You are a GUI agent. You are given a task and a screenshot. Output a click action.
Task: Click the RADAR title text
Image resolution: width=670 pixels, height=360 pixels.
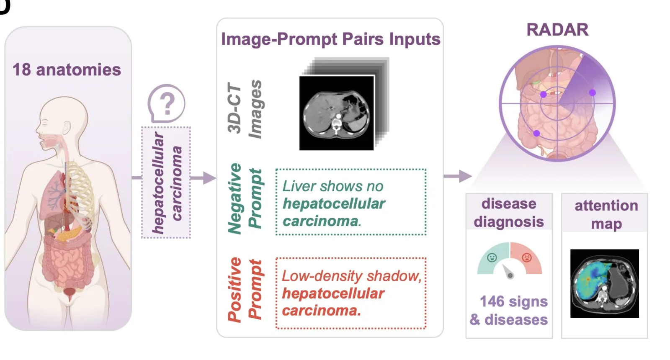click(x=557, y=30)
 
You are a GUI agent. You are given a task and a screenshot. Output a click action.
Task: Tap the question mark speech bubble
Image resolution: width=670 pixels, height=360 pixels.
click(x=166, y=103)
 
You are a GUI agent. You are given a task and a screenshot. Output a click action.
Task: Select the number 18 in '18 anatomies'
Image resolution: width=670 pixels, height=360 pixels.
click(x=21, y=69)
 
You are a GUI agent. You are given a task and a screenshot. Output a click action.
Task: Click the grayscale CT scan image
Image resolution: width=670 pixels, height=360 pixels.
click(x=337, y=113)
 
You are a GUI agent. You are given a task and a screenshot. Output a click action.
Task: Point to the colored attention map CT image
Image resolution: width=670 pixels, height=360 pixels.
click(x=605, y=283)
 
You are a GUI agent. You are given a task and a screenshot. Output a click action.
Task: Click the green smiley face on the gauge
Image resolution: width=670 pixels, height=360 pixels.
click(x=492, y=257)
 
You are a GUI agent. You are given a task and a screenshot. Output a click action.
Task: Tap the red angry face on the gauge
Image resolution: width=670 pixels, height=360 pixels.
click(x=526, y=257)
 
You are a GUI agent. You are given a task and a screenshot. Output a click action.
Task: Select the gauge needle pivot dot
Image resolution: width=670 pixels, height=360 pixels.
click(x=510, y=275)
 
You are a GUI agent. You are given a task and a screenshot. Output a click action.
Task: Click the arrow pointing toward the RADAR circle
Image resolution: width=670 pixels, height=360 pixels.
click(x=458, y=176)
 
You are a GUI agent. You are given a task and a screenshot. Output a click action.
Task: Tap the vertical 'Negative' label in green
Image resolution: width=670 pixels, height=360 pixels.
click(x=234, y=198)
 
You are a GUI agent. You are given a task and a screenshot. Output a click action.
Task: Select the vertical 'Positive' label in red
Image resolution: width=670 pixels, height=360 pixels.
click(x=234, y=290)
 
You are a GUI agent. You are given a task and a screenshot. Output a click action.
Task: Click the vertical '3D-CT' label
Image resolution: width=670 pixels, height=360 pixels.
click(x=234, y=108)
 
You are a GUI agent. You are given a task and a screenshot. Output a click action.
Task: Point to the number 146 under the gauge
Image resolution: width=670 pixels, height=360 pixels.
click(x=492, y=301)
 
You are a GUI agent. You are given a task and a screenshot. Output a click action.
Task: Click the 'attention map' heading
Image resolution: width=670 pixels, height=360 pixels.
click(x=606, y=214)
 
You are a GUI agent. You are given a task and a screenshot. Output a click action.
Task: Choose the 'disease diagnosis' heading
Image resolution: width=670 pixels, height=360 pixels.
click(x=509, y=213)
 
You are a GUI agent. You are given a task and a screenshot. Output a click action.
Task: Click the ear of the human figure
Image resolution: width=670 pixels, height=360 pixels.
click(x=67, y=128)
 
